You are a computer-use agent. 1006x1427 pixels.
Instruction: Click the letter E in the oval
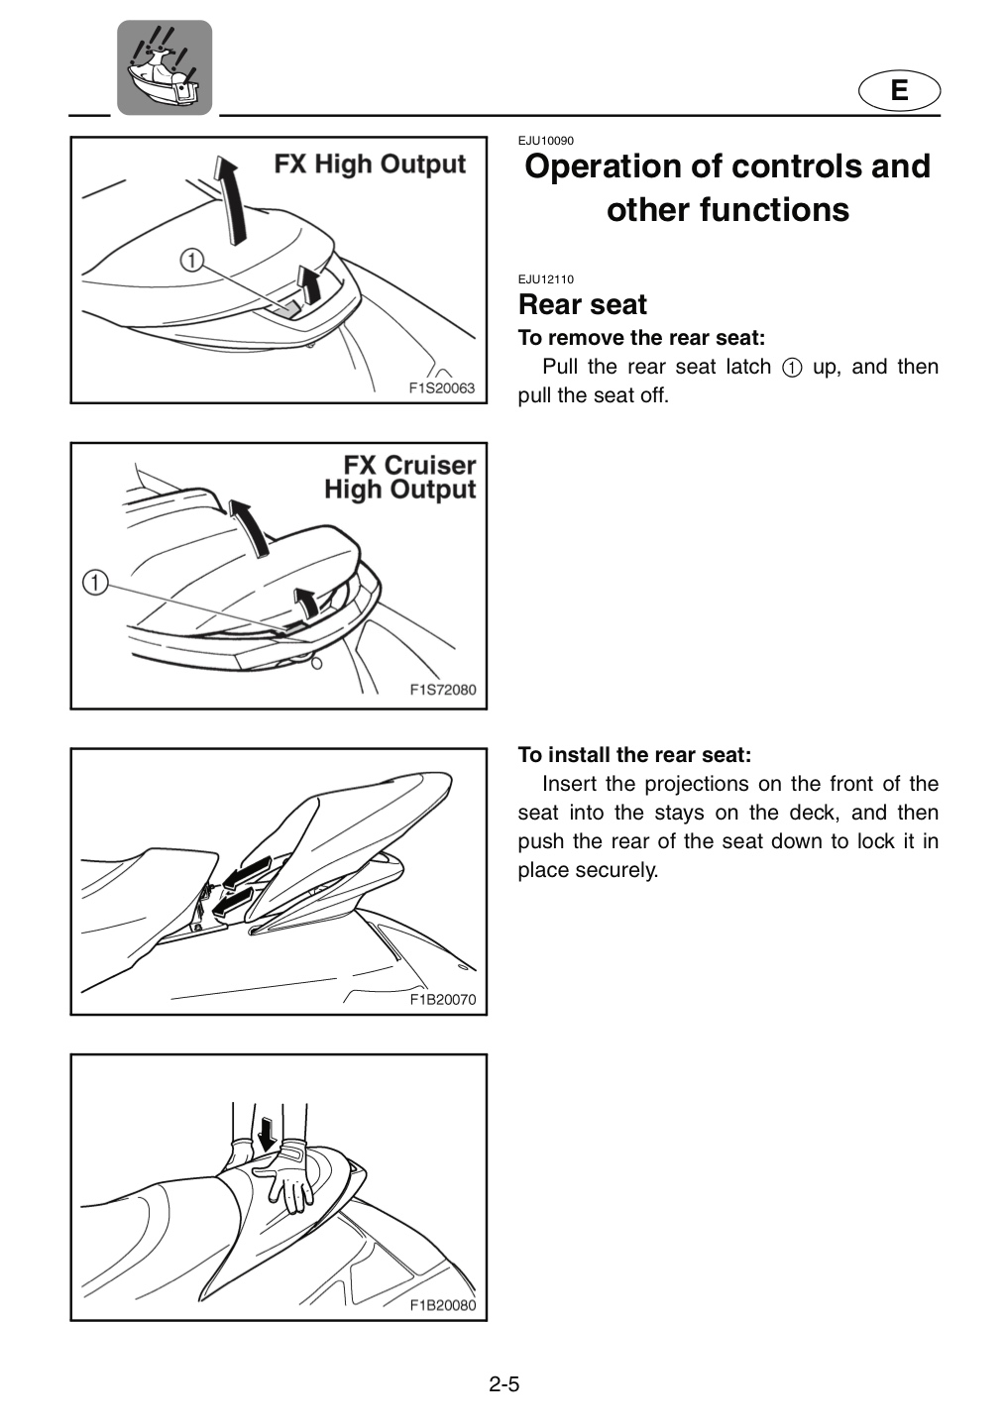click(x=899, y=90)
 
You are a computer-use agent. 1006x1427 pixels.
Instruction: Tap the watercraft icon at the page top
click(x=165, y=67)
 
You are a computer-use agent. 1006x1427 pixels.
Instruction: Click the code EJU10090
click(x=545, y=141)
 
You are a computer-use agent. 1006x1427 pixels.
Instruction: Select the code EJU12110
click(x=545, y=279)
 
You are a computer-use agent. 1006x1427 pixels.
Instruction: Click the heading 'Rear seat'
click(x=583, y=304)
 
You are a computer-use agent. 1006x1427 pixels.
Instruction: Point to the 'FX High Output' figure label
click(x=370, y=165)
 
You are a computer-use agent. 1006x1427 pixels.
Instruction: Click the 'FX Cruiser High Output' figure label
click(x=400, y=478)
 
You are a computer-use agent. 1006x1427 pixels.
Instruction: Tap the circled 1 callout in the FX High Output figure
click(x=191, y=260)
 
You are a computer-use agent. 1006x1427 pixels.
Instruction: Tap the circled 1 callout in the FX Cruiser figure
click(x=95, y=583)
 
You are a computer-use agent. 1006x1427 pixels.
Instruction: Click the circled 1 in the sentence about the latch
click(x=791, y=369)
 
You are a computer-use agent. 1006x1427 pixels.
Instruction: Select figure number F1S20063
click(x=441, y=388)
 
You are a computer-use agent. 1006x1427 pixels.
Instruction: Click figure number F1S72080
click(x=443, y=690)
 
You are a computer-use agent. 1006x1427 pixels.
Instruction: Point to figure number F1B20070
click(x=443, y=1000)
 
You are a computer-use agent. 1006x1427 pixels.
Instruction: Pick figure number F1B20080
click(x=443, y=1305)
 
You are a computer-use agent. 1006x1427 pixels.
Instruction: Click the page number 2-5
click(x=503, y=1383)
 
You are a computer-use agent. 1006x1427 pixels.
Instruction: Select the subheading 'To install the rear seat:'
click(x=634, y=755)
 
